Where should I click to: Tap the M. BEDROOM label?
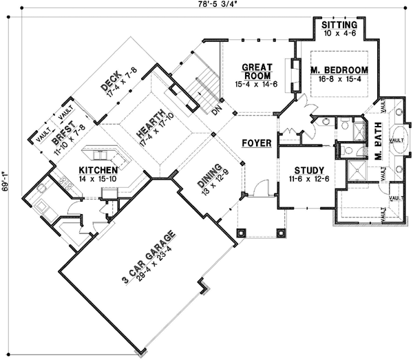point(339,70)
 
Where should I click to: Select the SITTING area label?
point(339,25)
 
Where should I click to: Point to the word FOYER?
point(255,143)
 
